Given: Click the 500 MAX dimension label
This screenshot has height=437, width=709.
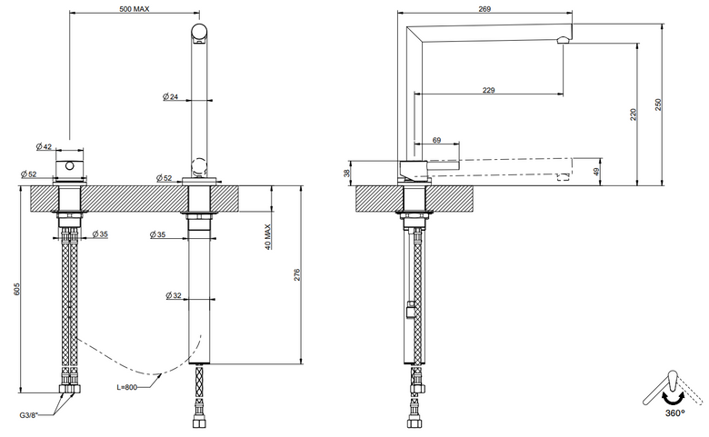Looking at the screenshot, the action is click(135, 8).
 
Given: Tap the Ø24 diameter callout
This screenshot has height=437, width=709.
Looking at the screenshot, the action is click(171, 96).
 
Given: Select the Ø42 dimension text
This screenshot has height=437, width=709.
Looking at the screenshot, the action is click(44, 146).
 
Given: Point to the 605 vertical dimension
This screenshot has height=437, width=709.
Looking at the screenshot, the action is click(16, 289).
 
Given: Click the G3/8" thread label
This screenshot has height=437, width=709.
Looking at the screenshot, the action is click(28, 415).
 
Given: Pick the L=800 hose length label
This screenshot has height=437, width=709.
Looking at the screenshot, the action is click(126, 387).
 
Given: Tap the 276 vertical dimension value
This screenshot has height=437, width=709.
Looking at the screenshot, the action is click(296, 274).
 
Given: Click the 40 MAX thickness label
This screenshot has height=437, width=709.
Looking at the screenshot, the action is click(267, 237).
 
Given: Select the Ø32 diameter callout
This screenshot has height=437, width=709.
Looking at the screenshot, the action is click(174, 295).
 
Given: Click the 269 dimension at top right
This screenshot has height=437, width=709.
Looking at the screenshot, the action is click(484, 8).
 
